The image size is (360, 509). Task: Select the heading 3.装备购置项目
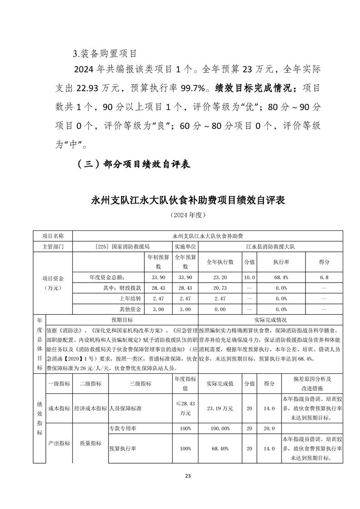tap(105, 54)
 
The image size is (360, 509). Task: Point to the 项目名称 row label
tap(53, 236)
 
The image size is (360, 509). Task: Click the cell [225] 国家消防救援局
tap(123, 247)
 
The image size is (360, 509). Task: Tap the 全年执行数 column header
tap(220, 262)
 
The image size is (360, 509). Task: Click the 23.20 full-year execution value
tap(220, 277)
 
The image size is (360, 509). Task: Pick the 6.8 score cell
tap(324, 277)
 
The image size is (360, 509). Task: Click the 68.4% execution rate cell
tap(281, 277)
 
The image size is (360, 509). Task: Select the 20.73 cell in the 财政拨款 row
tap(220, 288)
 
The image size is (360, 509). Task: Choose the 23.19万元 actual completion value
tap(220, 408)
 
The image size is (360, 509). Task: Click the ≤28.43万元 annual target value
tap(185, 408)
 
